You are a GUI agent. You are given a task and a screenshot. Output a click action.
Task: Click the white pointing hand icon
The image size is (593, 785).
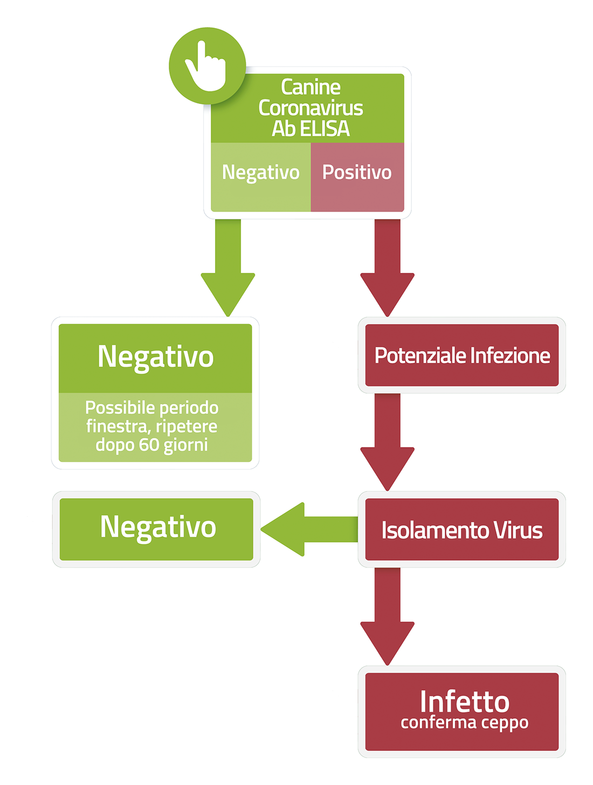tap(206, 67)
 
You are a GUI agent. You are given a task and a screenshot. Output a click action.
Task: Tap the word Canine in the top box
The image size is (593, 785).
tap(311, 87)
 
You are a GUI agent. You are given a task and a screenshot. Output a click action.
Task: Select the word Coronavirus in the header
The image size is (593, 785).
tap(311, 108)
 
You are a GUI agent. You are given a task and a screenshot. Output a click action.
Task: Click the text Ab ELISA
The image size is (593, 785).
tap(311, 128)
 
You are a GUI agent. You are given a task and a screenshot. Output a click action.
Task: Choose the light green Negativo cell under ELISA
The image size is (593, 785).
tap(260, 177)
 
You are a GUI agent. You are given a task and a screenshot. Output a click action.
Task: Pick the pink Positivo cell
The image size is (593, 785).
tap(357, 177)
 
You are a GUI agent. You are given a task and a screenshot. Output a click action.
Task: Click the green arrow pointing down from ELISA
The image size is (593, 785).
tap(227, 267)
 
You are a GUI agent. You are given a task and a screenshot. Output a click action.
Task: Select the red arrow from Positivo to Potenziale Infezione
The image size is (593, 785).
tap(387, 267)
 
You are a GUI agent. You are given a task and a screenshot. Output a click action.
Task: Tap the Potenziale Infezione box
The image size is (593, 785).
tap(462, 355)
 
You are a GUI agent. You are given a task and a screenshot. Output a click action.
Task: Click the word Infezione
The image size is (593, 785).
tap(510, 355)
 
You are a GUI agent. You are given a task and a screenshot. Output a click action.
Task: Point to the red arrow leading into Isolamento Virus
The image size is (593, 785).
tap(387, 442)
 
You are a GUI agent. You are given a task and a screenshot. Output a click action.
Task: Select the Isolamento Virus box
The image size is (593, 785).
tap(462, 529)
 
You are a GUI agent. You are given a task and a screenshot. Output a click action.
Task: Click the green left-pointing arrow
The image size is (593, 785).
tap(309, 529)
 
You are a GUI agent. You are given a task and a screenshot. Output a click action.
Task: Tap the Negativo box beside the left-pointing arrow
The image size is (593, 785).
tap(156, 529)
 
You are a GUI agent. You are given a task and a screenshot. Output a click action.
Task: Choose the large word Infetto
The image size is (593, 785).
tap(464, 701)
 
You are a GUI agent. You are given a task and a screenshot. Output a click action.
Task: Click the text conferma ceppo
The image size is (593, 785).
tap(464, 723)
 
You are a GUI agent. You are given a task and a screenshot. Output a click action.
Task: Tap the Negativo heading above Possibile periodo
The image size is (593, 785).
tap(155, 357)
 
